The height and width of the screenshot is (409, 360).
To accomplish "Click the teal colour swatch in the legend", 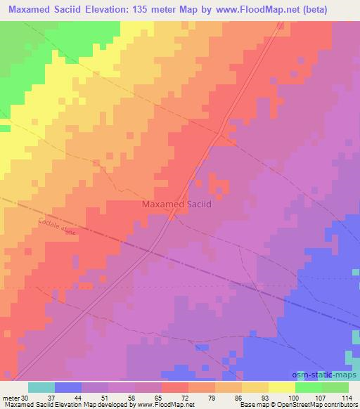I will click(x=41, y=387).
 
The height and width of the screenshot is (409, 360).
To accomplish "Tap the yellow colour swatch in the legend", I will click(x=282, y=387).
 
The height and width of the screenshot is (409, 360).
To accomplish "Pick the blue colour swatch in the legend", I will click(x=67, y=387).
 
